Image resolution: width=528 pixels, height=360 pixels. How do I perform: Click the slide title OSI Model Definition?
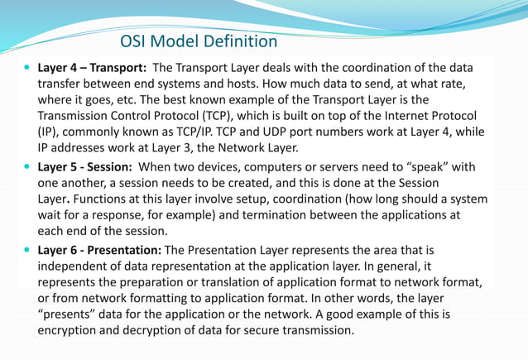coord(199,41)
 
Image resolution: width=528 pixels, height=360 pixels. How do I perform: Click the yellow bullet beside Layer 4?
coord(28,66)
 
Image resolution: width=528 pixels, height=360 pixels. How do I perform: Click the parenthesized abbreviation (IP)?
coord(49,131)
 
